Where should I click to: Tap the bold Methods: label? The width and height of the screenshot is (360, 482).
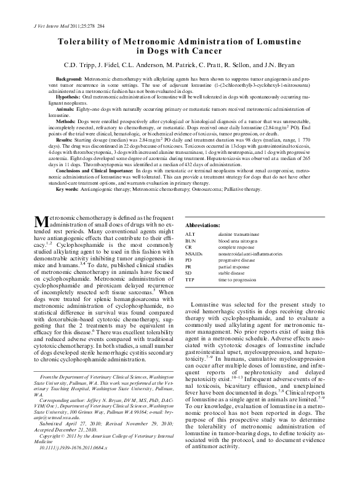[66, 121]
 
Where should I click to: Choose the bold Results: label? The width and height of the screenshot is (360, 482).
[66, 139]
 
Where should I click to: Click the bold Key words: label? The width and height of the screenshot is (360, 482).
[67, 190]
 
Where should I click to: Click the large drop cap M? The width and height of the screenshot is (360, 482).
[39, 220]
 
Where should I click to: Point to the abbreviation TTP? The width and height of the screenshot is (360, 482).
[190, 279]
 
